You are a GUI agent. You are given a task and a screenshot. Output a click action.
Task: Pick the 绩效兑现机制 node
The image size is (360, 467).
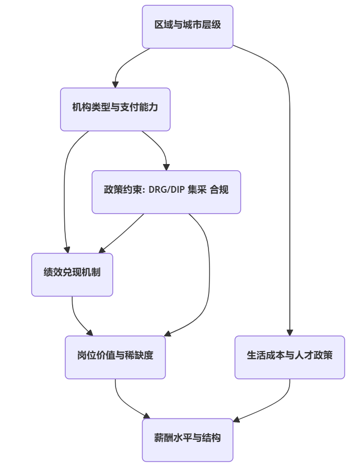(x=72, y=274)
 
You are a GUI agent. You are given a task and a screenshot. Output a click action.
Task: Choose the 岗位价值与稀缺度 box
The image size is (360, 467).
(x=115, y=357)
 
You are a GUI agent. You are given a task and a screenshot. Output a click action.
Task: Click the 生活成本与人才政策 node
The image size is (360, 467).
(x=289, y=357)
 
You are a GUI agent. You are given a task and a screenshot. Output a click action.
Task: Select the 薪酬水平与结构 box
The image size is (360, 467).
(x=187, y=439)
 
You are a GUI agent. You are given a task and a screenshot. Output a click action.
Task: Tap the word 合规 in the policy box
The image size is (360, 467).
(x=219, y=190)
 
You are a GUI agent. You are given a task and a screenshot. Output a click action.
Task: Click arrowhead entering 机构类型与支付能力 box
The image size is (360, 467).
(x=115, y=84)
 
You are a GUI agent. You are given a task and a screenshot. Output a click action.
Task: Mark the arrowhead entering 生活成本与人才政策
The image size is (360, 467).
(x=289, y=332)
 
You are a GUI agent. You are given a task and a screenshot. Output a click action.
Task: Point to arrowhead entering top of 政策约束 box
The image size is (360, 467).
(x=166, y=167)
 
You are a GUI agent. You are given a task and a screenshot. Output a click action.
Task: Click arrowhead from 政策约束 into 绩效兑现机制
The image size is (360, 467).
(x=102, y=251)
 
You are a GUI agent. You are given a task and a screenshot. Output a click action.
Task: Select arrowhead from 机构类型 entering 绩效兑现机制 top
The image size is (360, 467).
(x=67, y=250)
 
